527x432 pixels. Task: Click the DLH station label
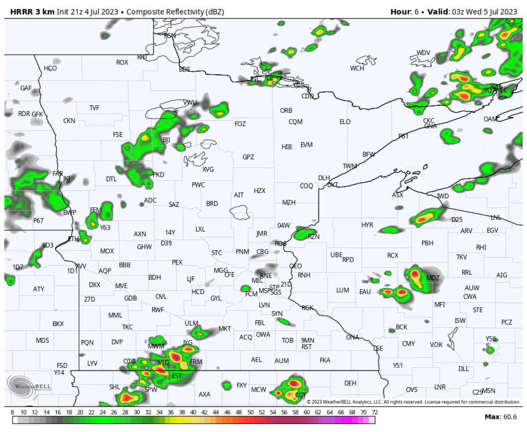pyautogui.click(x=324, y=178)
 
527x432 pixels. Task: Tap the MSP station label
pyautogui.click(x=264, y=291)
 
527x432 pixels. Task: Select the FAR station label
pyautogui.click(x=58, y=173)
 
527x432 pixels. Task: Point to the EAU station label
pyautogui.click(x=365, y=292)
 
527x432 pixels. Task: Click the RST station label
pyautogui.click(x=307, y=346)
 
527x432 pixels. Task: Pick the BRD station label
pyautogui.click(x=212, y=204)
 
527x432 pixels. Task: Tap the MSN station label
pyautogui.click(x=489, y=391)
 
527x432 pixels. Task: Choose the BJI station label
pyautogui.click(x=166, y=140)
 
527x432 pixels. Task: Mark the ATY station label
pyautogui.click(x=39, y=289)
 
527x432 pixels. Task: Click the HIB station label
pyautogui.click(x=287, y=147)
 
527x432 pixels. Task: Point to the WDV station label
pyautogui.click(x=423, y=53)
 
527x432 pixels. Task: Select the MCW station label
pyautogui.click(x=258, y=389)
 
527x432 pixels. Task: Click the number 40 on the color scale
pyautogui.click(x=193, y=413)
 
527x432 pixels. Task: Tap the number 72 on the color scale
pyautogui.click(x=374, y=413)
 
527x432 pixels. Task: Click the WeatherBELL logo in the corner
pyautogui.click(x=29, y=386)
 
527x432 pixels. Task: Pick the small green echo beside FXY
pyautogui.click(x=227, y=386)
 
